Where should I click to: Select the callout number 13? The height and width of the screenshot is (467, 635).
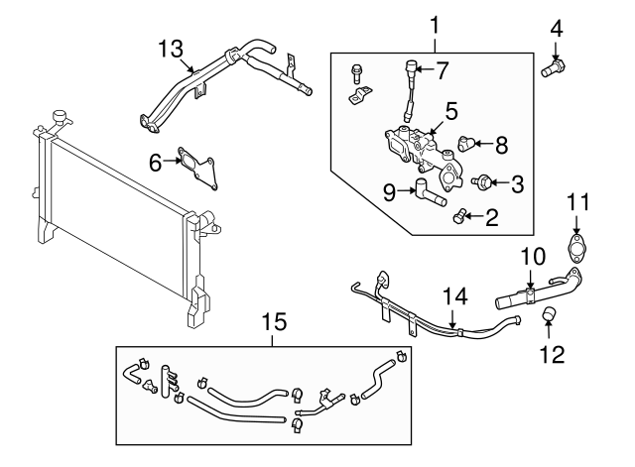(x=172, y=47)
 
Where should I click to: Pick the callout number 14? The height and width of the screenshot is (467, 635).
(x=453, y=294)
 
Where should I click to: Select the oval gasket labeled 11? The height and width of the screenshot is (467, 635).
(x=576, y=246)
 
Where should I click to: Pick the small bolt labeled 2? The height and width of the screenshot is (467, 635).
(x=458, y=215)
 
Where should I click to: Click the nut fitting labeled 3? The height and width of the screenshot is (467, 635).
(x=483, y=181)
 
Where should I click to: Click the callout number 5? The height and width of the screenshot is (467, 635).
(x=450, y=111)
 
